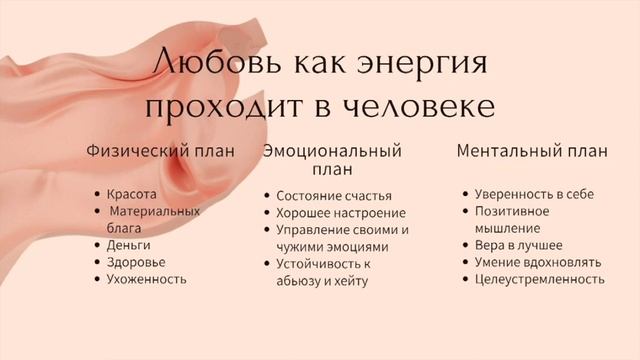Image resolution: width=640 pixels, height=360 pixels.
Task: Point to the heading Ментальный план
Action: (x=532, y=152)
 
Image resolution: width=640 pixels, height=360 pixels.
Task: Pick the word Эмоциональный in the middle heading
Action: (x=333, y=152)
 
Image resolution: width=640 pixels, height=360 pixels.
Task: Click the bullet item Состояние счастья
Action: (x=333, y=196)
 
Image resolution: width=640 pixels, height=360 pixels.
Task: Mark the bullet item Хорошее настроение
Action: (x=340, y=213)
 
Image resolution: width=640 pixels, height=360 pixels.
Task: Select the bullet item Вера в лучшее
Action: (x=518, y=244)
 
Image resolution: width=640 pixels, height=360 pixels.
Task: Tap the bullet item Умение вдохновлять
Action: (x=538, y=262)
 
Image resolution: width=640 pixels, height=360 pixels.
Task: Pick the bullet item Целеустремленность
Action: (x=539, y=279)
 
